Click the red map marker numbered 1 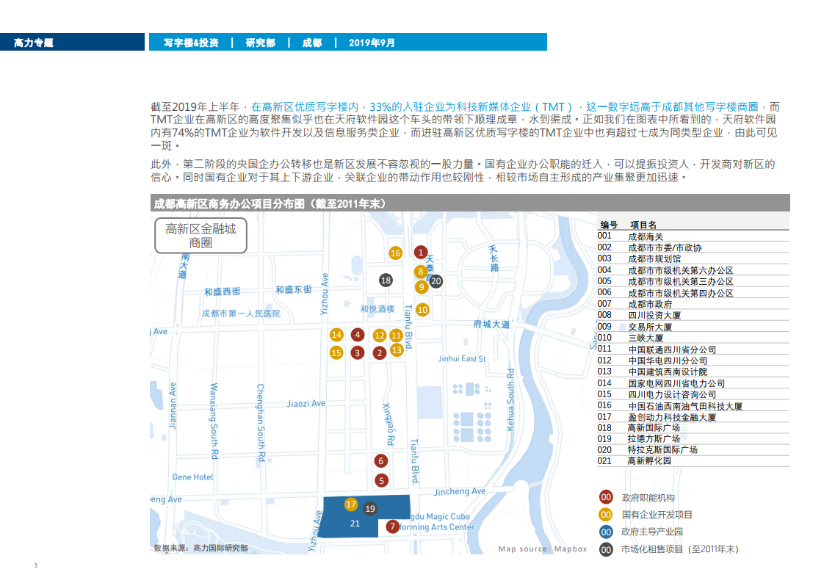420,253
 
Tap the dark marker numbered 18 386,280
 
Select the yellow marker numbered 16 395,253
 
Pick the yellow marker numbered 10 422,310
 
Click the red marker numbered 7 393,526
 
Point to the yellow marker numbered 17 351,504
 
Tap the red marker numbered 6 380,461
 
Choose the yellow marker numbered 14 336,335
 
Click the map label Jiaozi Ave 306,403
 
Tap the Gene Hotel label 193,477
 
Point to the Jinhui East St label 461,359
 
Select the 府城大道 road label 492,324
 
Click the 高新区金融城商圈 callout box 200,236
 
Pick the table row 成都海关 646,236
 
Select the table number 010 604,338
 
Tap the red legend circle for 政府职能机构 606,497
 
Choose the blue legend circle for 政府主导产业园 606,532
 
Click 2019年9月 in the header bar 372,43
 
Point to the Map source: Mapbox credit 543,548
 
